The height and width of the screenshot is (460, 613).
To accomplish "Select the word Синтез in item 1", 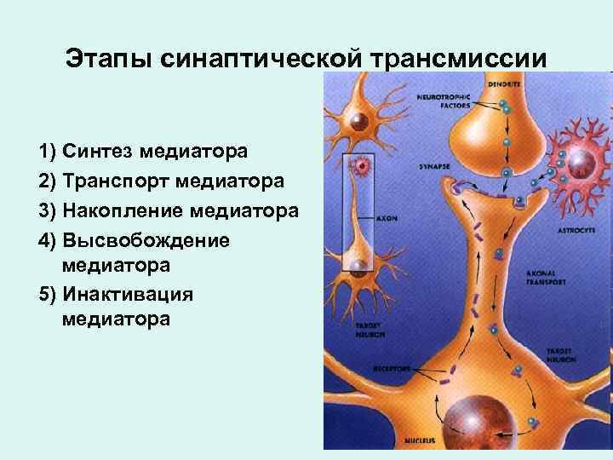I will pyautogui.click(x=95, y=152).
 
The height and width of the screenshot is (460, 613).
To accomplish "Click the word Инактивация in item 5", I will pyautogui.click(x=128, y=294).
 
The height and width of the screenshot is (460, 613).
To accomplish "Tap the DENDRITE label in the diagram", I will pyautogui.click(x=505, y=85).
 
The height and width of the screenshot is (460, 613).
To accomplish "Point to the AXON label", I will pyautogui.click(x=387, y=217).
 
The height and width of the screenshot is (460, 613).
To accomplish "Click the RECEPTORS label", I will pyautogui.click(x=392, y=369).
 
